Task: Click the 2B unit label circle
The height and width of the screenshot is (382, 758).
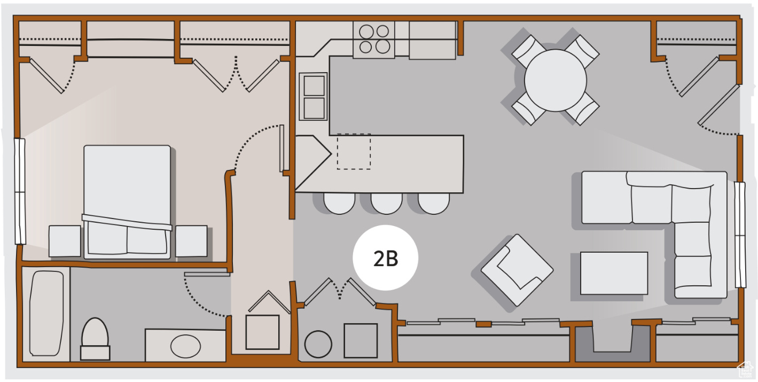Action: click(385, 258)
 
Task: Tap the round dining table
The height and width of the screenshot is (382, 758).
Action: click(555, 81)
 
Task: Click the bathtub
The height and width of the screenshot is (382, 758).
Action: click(46, 313)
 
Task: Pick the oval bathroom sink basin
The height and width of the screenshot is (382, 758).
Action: click(185, 346)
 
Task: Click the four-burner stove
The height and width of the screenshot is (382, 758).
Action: click(374, 40)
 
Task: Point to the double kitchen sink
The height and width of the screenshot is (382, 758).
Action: click(314, 97)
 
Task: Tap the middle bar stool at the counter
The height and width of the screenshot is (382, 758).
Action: click(386, 202)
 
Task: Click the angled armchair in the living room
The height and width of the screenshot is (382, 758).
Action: click(517, 270)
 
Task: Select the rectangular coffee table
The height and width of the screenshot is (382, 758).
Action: click(614, 273)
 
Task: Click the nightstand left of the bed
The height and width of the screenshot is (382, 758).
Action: click(65, 241)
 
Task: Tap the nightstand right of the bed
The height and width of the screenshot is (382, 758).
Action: click(191, 241)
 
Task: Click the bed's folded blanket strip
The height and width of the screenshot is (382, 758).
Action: click(127, 222)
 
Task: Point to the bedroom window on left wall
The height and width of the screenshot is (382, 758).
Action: click(20, 191)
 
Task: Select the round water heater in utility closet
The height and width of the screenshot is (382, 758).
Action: click(318, 344)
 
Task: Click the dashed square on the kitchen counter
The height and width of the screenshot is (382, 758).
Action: click(354, 151)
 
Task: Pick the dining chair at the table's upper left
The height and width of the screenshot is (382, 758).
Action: click(527, 50)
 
